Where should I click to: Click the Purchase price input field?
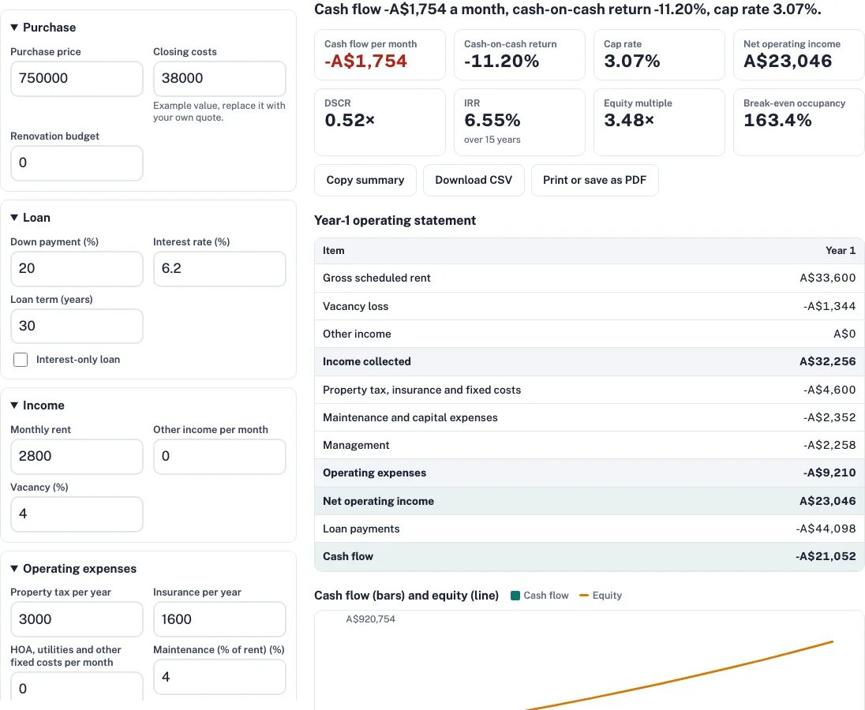[77, 79]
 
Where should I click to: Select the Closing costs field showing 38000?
[219, 79]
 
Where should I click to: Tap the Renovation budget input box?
[77, 163]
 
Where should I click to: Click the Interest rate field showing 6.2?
[219, 269]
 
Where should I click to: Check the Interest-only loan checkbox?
[21, 360]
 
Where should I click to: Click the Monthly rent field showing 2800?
[77, 457]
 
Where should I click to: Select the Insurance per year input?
[219, 619]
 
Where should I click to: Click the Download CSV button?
[474, 180]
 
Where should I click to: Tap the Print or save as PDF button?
[595, 180]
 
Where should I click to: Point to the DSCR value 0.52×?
[350, 120]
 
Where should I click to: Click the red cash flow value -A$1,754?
[365, 62]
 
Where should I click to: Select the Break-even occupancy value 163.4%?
[778, 120]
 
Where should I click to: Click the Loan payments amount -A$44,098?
[826, 529]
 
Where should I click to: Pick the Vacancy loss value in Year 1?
[829, 307]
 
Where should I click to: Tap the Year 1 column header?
[841, 251]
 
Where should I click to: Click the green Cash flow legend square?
[516, 596]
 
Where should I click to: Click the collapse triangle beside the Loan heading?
[14, 218]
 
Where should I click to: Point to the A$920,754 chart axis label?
[371, 619]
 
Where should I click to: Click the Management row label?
[356, 446]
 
